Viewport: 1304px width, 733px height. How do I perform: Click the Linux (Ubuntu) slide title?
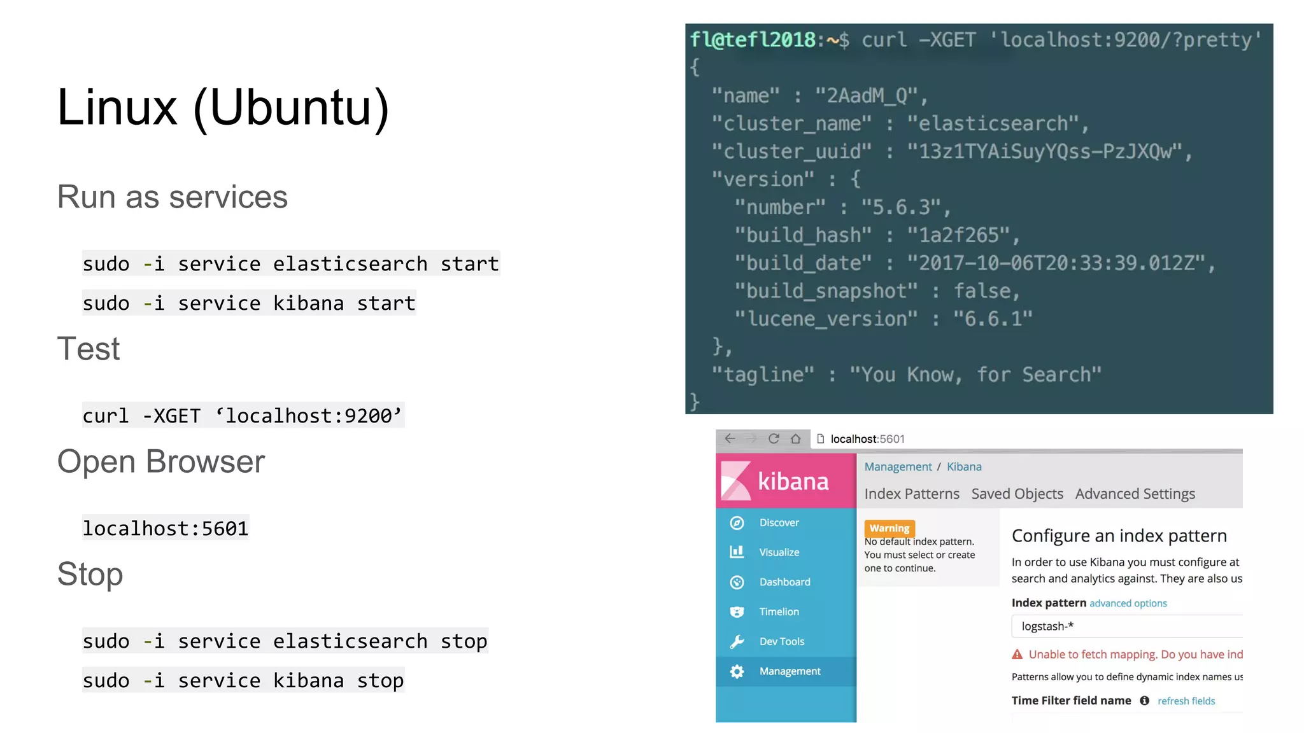click(x=223, y=108)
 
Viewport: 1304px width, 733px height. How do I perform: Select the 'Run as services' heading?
click(x=172, y=197)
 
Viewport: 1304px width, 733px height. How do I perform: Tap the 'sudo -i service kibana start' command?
click(x=249, y=303)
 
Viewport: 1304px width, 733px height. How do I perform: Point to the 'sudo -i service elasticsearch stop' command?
click(x=285, y=641)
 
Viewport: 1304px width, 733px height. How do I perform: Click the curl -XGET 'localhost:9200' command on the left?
click(x=243, y=415)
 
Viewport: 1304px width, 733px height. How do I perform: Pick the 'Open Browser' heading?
click(x=160, y=461)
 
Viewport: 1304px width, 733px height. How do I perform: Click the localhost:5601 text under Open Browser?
click(x=165, y=528)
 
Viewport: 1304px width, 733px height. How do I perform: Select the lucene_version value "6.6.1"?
click(x=992, y=318)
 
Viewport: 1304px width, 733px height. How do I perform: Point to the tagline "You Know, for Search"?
click(x=975, y=374)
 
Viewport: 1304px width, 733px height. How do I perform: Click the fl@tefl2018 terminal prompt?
click(x=753, y=39)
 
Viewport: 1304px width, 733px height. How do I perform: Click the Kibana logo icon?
click(x=736, y=481)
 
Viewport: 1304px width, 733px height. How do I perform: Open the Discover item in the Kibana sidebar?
click(x=779, y=522)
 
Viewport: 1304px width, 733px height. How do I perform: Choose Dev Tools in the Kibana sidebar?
click(x=781, y=641)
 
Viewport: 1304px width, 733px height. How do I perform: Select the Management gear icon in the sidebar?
click(x=737, y=671)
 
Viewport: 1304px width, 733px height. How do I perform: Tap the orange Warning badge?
click(x=889, y=528)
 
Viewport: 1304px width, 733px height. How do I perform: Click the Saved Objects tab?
click(x=1017, y=494)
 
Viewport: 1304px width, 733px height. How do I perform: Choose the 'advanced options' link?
click(x=1128, y=603)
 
